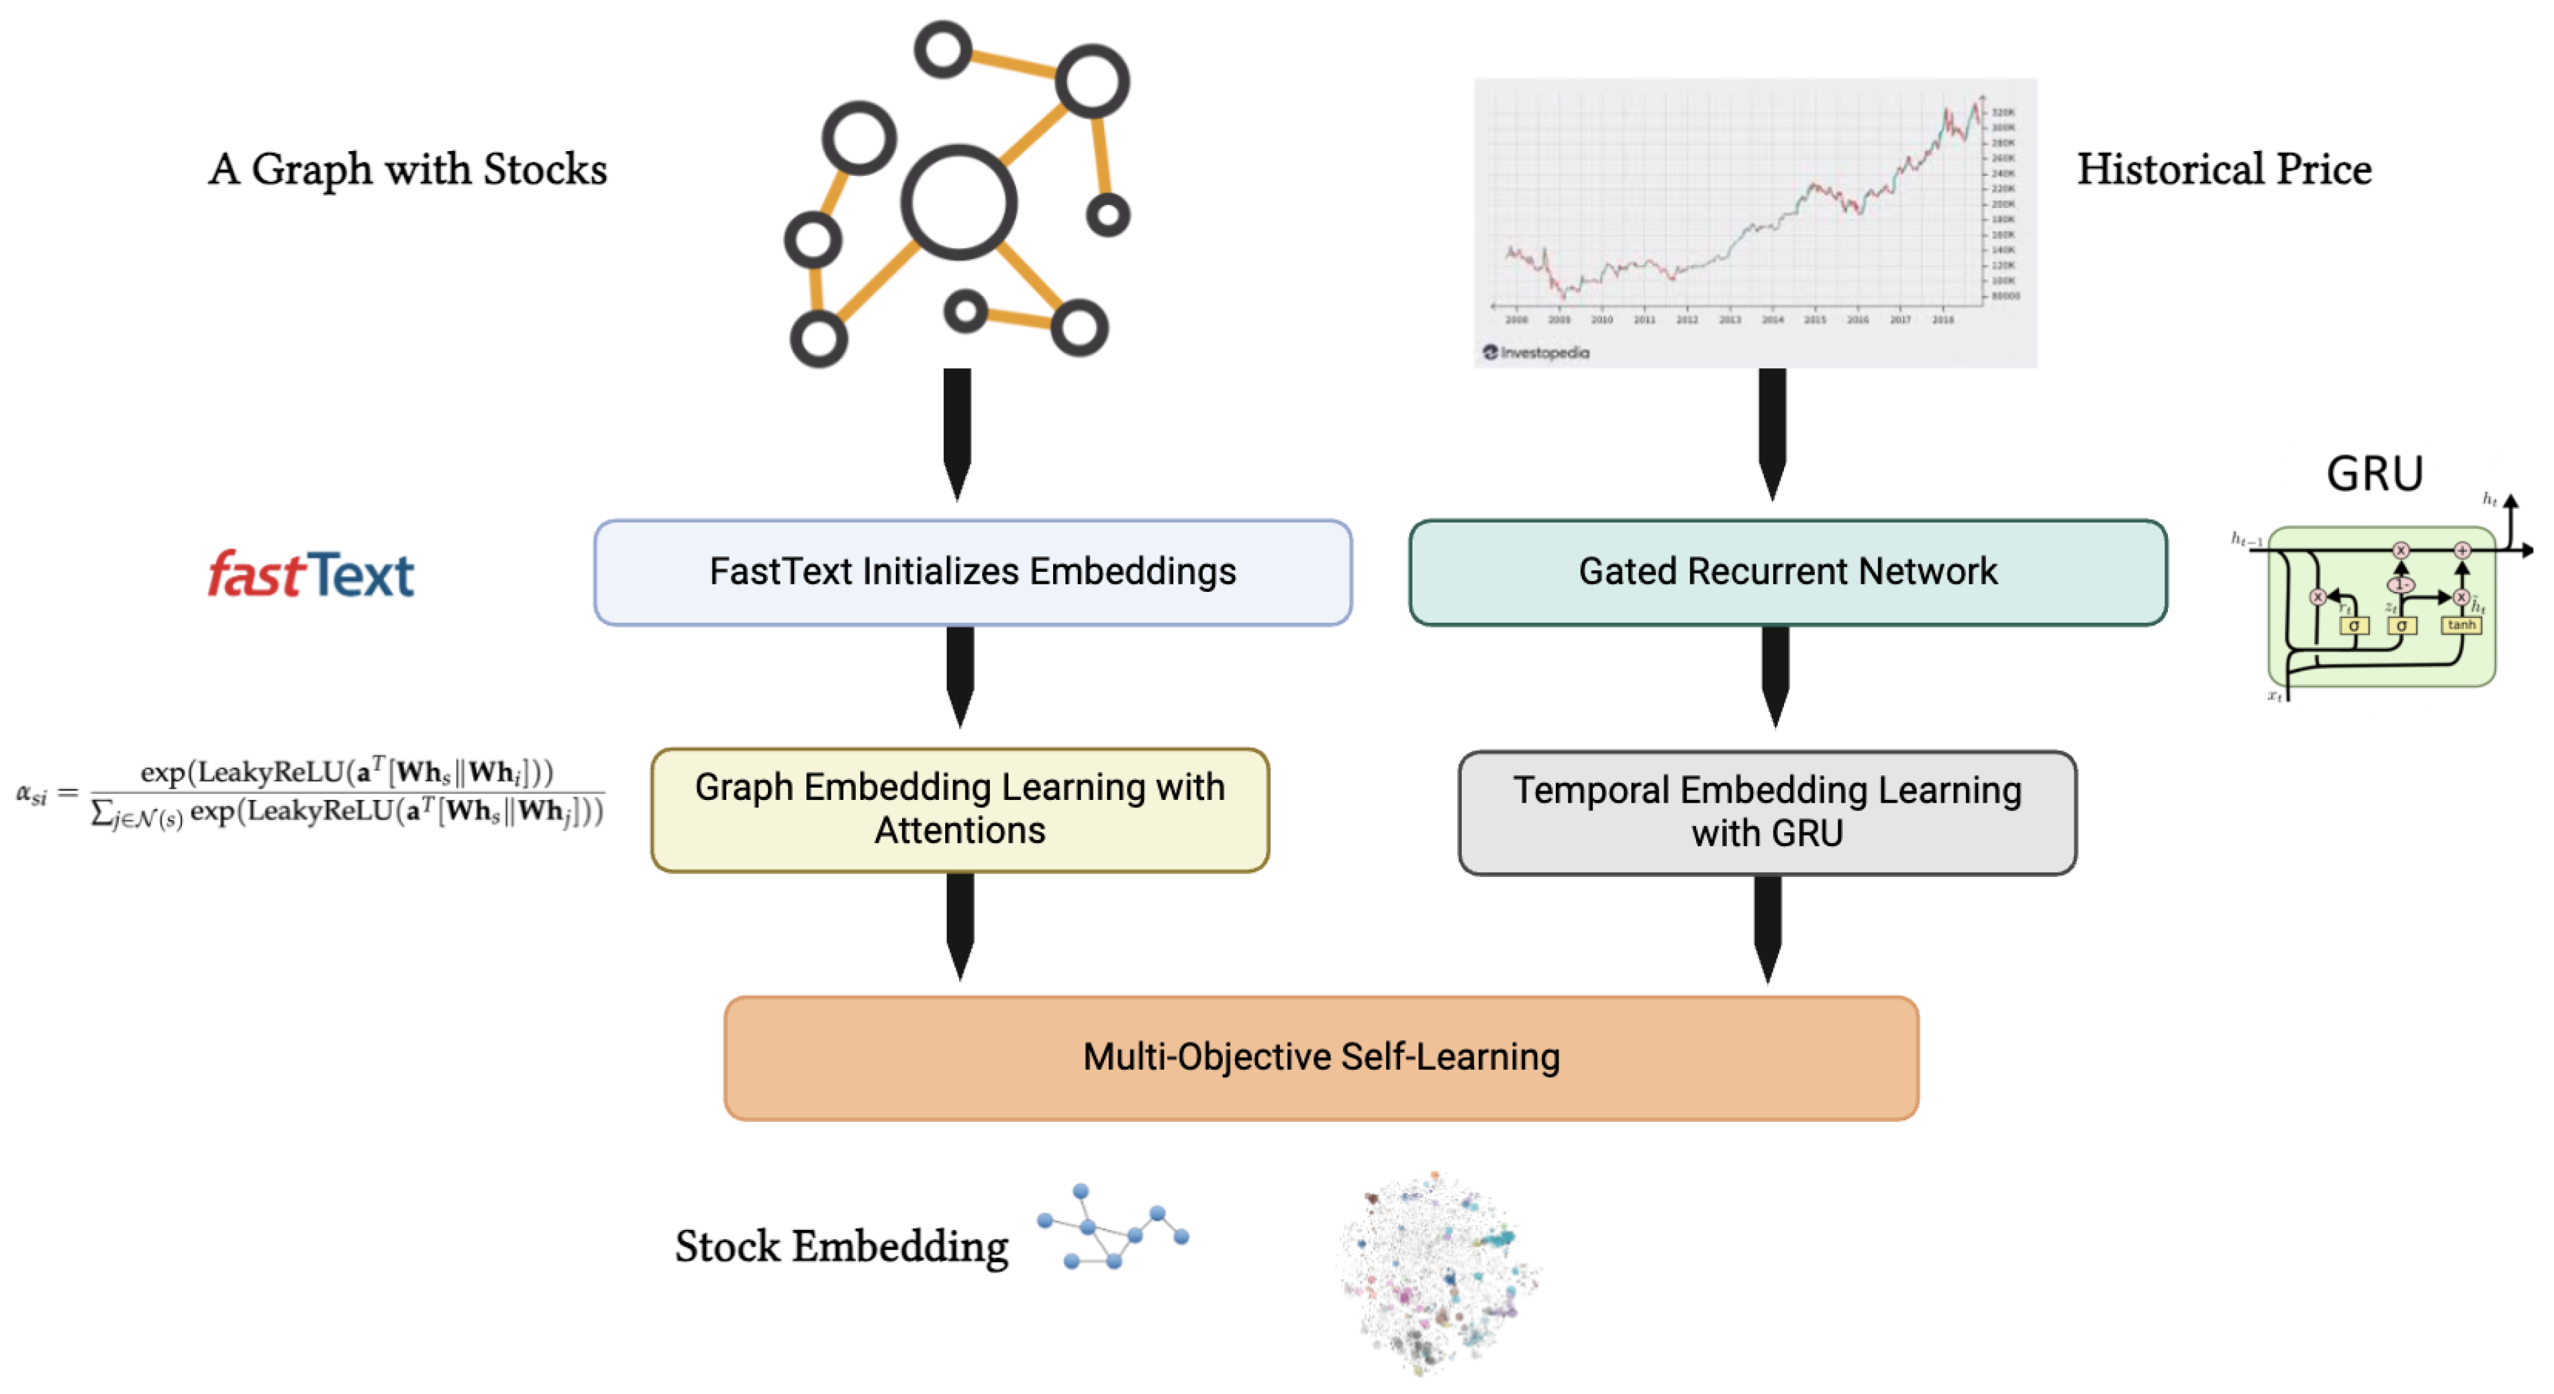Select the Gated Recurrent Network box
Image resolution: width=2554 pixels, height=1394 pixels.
[x=1787, y=572]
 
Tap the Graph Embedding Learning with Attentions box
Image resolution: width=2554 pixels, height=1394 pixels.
[x=959, y=809]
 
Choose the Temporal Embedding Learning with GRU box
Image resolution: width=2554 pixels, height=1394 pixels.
[x=1766, y=812]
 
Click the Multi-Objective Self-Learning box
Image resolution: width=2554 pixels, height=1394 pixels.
[x=1321, y=1057]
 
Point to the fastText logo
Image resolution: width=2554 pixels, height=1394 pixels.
[x=310, y=575]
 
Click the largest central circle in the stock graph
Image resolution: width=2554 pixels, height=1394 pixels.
[x=958, y=203]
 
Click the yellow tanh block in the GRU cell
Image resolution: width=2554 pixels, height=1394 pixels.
[x=2460, y=625]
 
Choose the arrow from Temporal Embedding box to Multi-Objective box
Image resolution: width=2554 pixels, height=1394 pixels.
[x=1767, y=927]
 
